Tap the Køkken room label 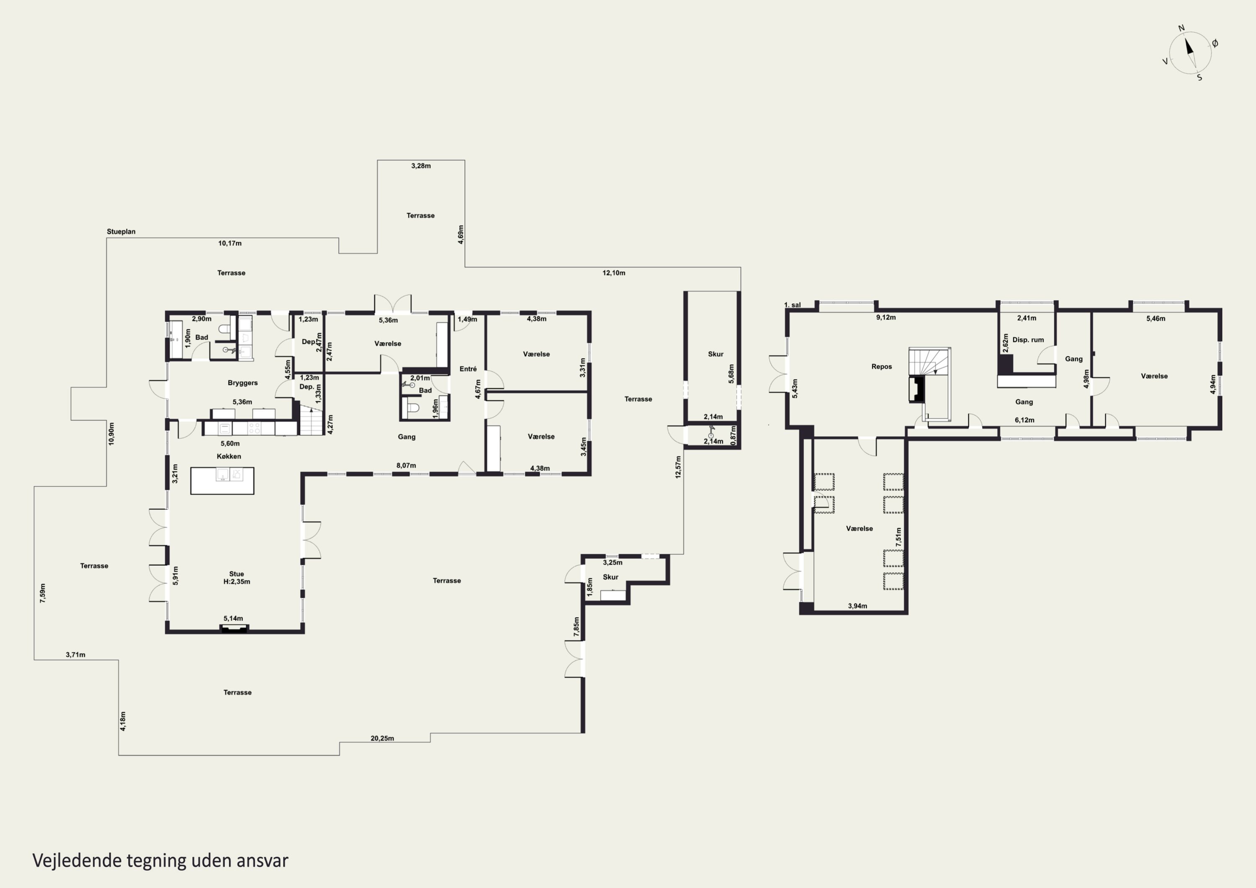(x=229, y=456)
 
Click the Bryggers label (x=242, y=383)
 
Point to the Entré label (x=468, y=369)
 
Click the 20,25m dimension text (x=382, y=738)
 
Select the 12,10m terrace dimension (x=614, y=273)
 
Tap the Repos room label (x=882, y=367)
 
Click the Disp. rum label (x=1028, y=340)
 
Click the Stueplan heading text (x=121, y=232)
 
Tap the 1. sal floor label (x=792, y=305)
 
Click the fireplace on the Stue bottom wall (x=234, y=629)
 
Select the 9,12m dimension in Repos (x=885, y=317)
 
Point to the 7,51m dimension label (x=898, y=537)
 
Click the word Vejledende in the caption (x=77, y=861)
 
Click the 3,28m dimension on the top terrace (x=421, y=166)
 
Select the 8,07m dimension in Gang (x=406, y=466)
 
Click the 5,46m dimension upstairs (x=1156, y=319)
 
